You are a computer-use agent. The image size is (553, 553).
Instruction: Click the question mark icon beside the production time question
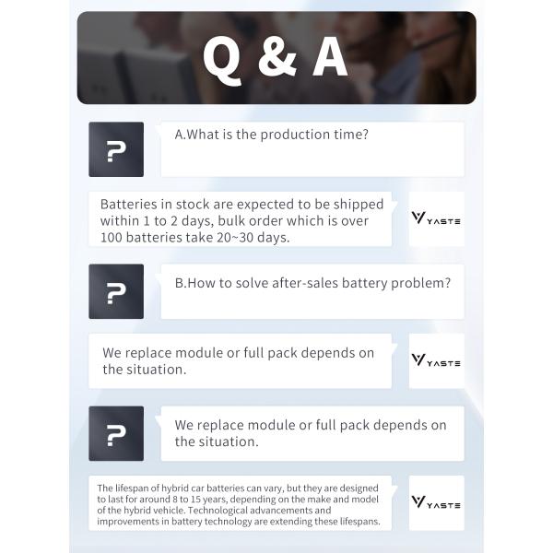click(x=116, y=149)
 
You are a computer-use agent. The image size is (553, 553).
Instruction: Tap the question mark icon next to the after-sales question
click(x=116, y=291)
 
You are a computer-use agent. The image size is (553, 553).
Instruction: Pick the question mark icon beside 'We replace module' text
click(x=116, y=434)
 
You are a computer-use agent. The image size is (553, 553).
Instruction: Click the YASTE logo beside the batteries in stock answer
click(x=436, y=219)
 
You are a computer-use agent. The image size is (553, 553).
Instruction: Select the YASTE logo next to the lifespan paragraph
click(x=436, y=504)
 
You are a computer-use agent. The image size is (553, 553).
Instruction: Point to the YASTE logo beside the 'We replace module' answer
click(x=436, y=361)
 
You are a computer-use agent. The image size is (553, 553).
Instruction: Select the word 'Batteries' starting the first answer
click(x=131, y=205)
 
